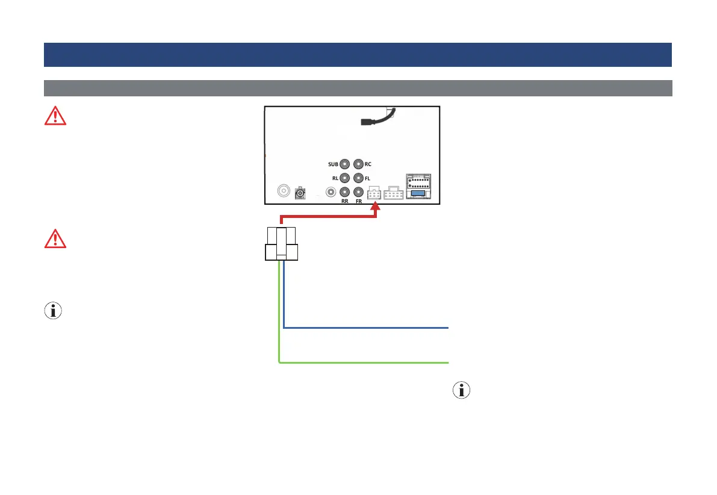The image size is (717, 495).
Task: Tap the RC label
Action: tap(368, 163)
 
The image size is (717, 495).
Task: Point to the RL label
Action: tap(335, 178)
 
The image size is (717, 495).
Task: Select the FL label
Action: tap(367, 178)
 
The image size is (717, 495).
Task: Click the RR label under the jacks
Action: tap(345, 202)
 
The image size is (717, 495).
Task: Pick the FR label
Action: tap(359, 202)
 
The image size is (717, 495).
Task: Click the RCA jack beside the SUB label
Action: tap(345, 163)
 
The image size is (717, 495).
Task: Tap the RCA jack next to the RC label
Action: tap(359, 163)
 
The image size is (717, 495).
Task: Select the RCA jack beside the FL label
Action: tap(359, 178)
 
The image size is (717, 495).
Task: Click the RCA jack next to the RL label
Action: tap(345, 178)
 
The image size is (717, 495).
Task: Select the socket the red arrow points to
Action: tap(374, 193)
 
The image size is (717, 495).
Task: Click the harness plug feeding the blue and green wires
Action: tap(282, 243)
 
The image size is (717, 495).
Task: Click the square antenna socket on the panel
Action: tap(299, 193)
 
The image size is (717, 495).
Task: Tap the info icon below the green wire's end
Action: tap(461, 390)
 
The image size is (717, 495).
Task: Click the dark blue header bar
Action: tap(358, 54)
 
